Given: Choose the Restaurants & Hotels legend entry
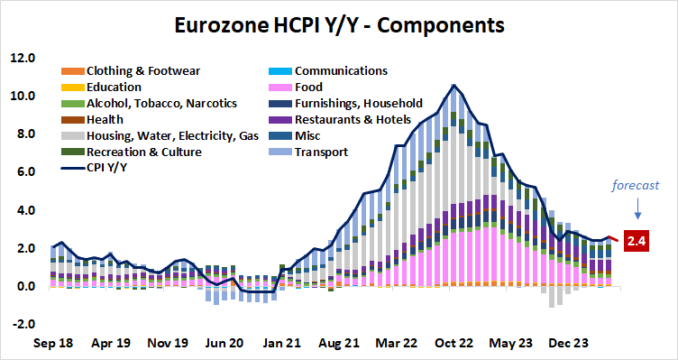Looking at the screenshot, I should point(353,119).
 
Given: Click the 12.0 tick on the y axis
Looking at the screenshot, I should point(23,58).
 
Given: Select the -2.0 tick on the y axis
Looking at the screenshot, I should point(23,325).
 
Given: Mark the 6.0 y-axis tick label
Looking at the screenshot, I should point(23,172).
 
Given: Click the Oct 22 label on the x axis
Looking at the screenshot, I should point(454,343).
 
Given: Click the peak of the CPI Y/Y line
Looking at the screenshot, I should point(454,86).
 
